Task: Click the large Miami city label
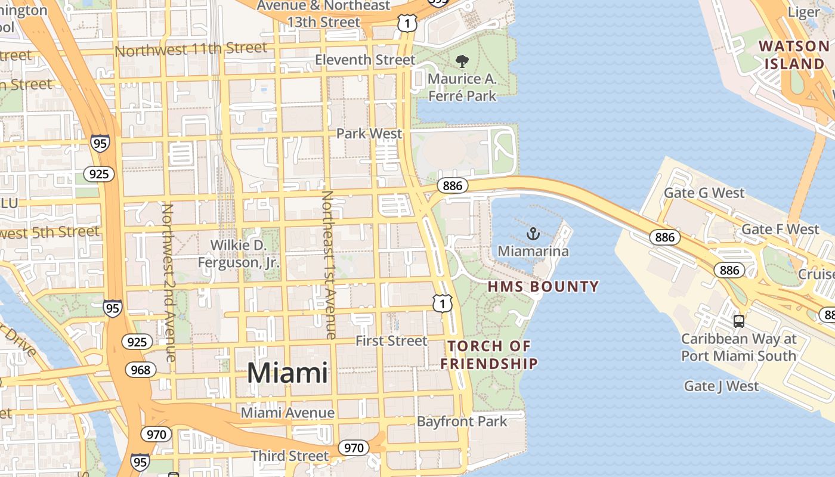pyautogui.click(x=287, y=373)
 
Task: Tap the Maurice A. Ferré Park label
pyautogui.click(x=463, y=87)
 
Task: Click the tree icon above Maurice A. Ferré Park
pyautogui.click(x=462, y=61)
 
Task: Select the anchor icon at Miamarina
pyautogui.click(x=533, y=234)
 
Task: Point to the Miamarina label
pyautogui.click(x=533, y=251)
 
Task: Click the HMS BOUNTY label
pyautogui.click(x=543, y=287)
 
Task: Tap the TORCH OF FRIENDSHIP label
pyautogui.click(x=489, y=355)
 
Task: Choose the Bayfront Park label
pyautogui.click(x=462, y=422)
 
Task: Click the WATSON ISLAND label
pyautogui.click(x=794, y=55)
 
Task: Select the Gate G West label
pyautogui.click(x=704, y=193)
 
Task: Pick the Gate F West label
pyautogui.click(x=780, y=230)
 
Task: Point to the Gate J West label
pyautogui.click(x=722, y=386)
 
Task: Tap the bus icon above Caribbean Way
pyautogui.click(x=739, y=321)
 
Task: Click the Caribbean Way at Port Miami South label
pyautogui.click(x=739, y=348)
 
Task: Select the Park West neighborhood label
pyautogui.click(x=369, y=133)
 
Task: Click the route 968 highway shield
pyautogui.click(x=141, y=370)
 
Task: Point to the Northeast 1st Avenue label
pyautogui.click(x=329, y=265)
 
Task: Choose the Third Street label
pyautogui.click(x=289, y=456)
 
